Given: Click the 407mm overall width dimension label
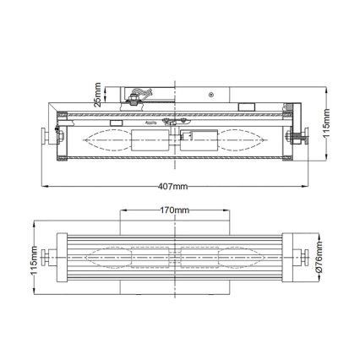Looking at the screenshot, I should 172,185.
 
